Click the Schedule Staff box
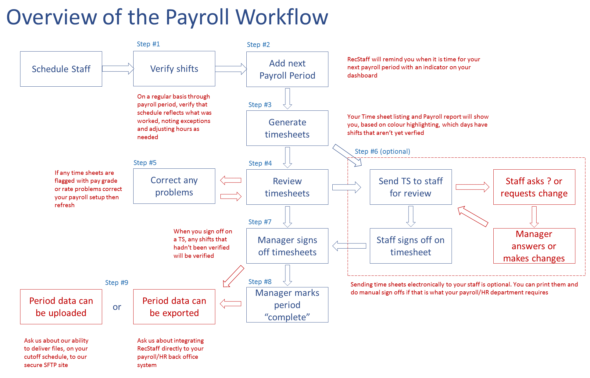pos(61,69)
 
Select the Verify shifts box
pos(174,69)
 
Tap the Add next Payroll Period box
pos(287,69)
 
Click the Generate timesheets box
pos(287,128)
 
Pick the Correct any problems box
pos(174,186)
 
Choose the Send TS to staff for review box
pos(410,187)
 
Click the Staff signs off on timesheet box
pos(410,246)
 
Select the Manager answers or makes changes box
pos(534,246)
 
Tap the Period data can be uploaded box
pos(61,307)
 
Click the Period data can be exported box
pos(174,307)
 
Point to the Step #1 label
pos(148,44)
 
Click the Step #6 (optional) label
pos(382,151)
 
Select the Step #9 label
pos(116,283)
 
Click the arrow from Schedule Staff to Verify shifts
pos(118,69)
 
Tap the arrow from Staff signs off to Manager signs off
pos(349,246)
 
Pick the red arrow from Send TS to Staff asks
pos(472,187)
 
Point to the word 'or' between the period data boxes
pos(117,307)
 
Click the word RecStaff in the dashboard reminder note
pos(359,59)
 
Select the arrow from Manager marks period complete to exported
pos(231,304)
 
